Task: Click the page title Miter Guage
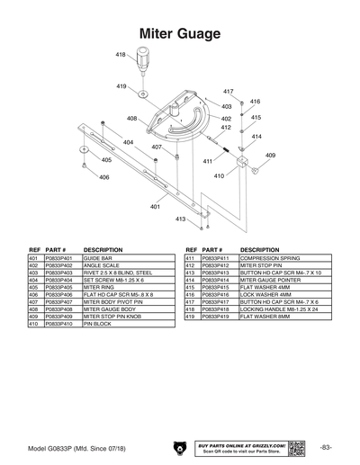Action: coord(180,33)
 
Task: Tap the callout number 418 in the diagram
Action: coord(121,56)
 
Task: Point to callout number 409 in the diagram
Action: coord(270,156)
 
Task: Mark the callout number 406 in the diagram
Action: coord(104,177)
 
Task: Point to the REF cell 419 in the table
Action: coord(190,317)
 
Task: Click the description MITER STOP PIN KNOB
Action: coord(112,317)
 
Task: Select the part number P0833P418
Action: coord(216,309)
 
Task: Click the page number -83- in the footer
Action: coord(326,447)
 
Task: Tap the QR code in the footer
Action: coord(305,447)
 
